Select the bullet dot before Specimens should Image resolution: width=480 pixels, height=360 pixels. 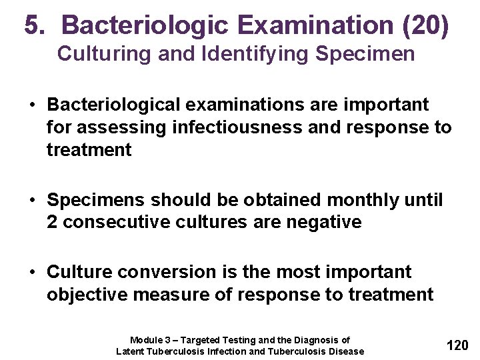tap(32, 200)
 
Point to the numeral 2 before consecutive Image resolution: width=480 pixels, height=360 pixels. tap(52, 222)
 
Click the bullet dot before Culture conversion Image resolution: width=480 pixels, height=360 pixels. tap(32, 272)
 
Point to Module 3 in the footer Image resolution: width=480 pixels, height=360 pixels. tap(150, 340)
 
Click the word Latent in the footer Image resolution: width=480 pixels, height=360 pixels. tap(131, 351)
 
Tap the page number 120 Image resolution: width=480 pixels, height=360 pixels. tap(457, 345)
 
